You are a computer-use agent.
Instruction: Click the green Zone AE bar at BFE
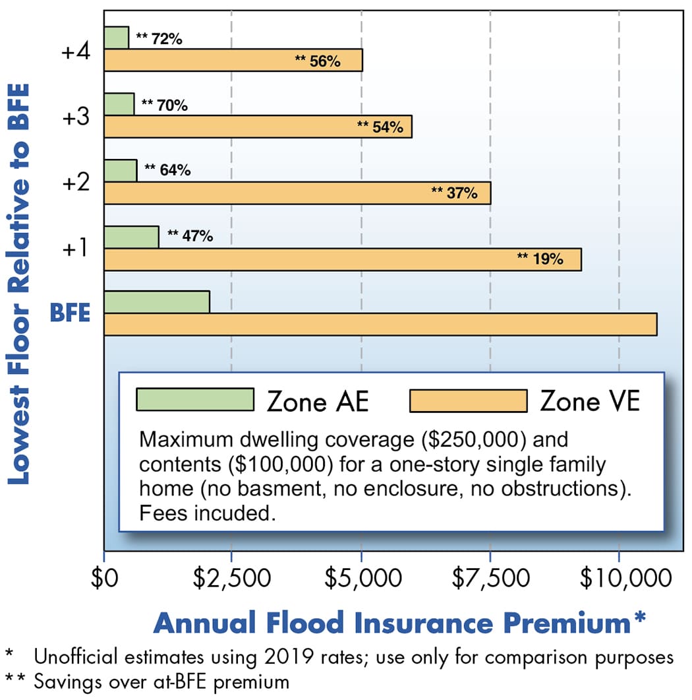[157, 302]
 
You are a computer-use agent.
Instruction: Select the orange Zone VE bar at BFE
[380, 325]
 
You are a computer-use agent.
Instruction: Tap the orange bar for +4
[233, 60]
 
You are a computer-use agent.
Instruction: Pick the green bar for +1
[131, 237]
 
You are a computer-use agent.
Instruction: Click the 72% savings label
[159, 39]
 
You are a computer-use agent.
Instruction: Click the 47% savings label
[190, 236]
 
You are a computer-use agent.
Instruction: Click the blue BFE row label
[70, 313]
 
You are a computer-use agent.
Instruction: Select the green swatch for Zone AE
[194, 400]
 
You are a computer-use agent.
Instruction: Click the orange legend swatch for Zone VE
[468, 400]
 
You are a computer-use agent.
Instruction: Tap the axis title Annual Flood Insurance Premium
[399, 623]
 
